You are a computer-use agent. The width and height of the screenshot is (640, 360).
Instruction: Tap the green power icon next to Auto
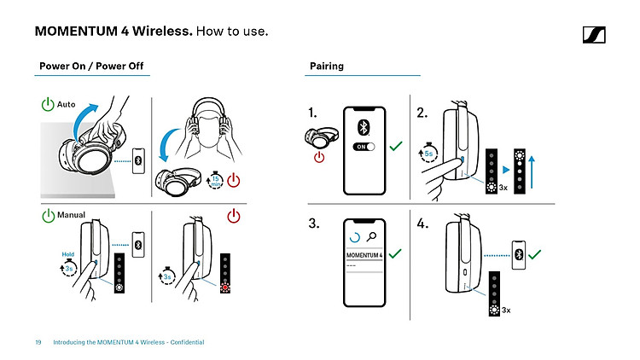[48, 105]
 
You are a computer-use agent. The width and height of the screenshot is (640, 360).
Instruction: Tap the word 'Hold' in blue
[68, 253]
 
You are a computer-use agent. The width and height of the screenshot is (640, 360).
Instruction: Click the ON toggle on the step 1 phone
[364, 147]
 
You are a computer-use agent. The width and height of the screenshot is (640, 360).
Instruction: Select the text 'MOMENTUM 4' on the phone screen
[364, 254]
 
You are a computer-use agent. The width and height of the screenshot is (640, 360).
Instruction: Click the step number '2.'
[422, 113]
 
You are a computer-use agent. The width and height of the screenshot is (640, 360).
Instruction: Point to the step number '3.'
[315, 225]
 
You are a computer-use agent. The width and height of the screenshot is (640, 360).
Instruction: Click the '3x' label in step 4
[506, 310]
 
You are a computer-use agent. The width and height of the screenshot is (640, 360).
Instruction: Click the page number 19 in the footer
[38, 343]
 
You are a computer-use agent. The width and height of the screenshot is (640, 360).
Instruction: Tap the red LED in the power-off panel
[226, 286]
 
